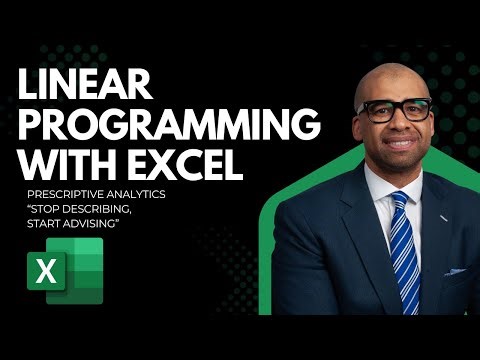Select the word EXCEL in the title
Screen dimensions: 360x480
point(190,162)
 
